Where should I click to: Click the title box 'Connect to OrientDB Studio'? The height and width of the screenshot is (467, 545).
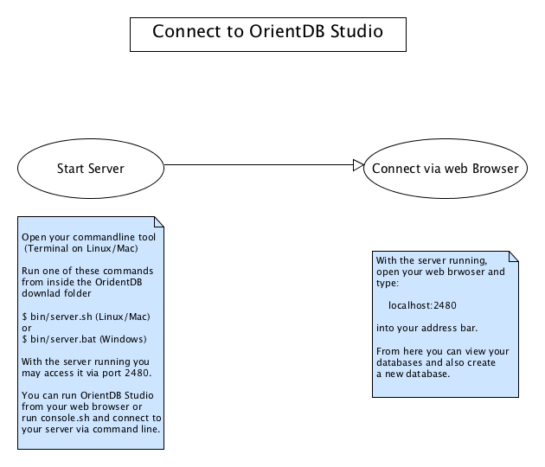tap(267, 32)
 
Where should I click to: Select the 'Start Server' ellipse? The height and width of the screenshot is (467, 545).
tap(90, 168)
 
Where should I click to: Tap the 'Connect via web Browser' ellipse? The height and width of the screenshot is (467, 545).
tap(445, 168)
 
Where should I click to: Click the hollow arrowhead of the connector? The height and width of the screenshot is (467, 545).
tap(358, 165)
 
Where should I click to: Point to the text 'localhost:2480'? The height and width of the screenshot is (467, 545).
tap(422, 305)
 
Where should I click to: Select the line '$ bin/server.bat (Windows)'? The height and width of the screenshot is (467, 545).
tap(73, 338)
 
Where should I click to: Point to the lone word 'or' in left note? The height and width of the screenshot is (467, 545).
tap(26, 327)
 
